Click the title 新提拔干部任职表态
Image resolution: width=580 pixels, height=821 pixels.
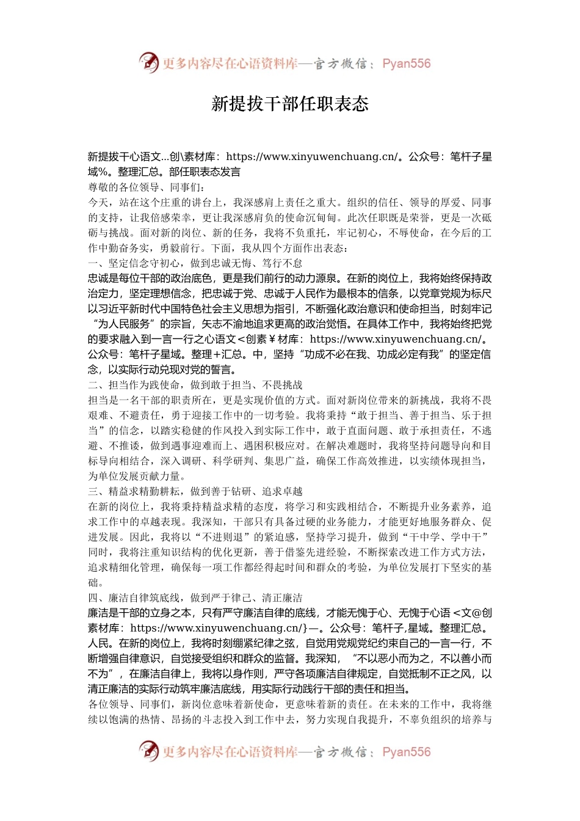[290, 104]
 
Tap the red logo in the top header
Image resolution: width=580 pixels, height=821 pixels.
[148, 62]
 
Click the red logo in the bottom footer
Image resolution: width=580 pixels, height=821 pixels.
[148, 751]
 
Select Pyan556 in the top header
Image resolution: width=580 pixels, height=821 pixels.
[406, 64]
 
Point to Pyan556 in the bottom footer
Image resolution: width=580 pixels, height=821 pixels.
[406, 752]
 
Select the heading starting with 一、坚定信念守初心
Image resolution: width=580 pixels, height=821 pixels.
[195, 263]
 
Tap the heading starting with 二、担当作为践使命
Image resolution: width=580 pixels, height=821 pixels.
[195, 385]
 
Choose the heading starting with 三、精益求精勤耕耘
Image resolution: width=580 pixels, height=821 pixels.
[195, 491]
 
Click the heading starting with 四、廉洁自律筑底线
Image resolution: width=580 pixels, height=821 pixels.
[195, 598]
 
